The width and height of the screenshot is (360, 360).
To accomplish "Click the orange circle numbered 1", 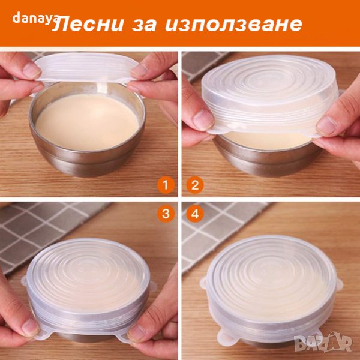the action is (x=166, y=185).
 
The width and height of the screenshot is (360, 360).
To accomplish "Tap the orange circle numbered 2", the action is (x=195, y=185).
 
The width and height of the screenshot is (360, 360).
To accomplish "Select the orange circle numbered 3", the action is (x=166, y=214).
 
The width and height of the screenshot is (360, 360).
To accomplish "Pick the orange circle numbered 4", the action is (x=195, y=214).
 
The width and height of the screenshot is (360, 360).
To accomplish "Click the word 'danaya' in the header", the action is (x=35, y=19).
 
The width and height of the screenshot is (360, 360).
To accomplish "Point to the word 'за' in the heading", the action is (x=144, y=25).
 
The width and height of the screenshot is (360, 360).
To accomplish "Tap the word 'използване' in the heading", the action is (x=233, y=25).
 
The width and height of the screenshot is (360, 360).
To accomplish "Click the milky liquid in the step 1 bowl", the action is (x=87, y=122).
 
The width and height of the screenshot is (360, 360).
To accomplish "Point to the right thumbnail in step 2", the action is (x=326, y=125).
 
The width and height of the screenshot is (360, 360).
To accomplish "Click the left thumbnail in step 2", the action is (x=203, y=119).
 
